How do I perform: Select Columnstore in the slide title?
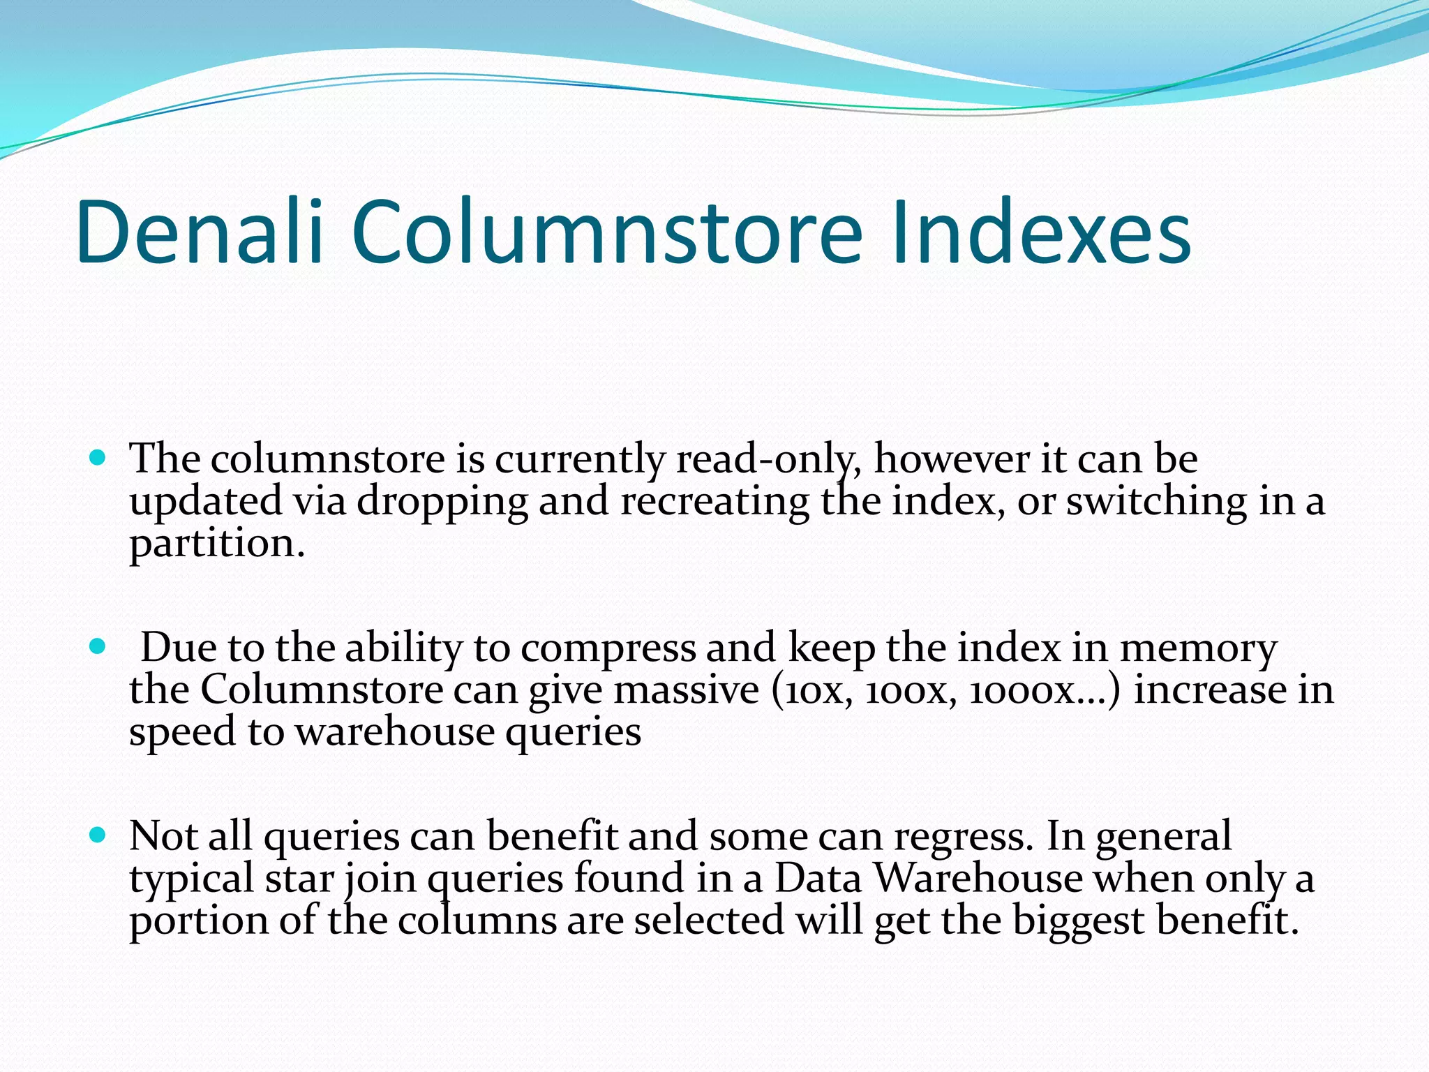pyautogui.click(x=607, y=232)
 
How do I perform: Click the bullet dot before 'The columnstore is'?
pyautogui.click(x=98, y=459)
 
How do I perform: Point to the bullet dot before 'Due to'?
pyautogui.click(x=98, y=647)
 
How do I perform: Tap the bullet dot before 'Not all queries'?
pyautogui.click(x=98, y=835)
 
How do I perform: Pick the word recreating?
pyautogui.click(x=714, y=502)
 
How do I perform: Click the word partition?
pyautogui.click(x=216, y=545)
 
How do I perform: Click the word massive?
pyautogui.click(x=687, y=691)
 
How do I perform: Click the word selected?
pyautogui.click(x=709, y=921)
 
